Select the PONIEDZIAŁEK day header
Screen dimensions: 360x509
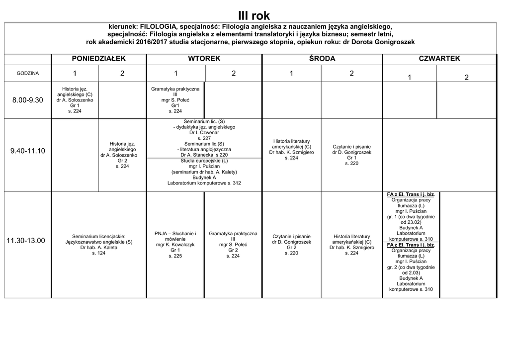pyautogui.click(x=99, y=59)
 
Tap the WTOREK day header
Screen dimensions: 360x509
pyautogui.click(x=204, y=59)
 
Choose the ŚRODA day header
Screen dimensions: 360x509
pyautogui.click(x=322, y=59)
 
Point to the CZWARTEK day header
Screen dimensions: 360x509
pyautogui.click(x=439, y=59)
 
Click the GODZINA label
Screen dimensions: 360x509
pyautogui.click(x=28, y=73)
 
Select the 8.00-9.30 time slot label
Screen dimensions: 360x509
pyautogui.click(x=28, y=100)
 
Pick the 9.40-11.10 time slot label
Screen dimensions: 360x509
pyautogui.click(x=28, y=151)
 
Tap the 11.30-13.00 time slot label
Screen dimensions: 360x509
pyautogui.click(x=28, y=241)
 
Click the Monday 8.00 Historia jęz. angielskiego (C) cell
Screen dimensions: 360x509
pyautogui.click(x=75, y=100)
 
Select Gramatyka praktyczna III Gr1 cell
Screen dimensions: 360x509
pyautogui.click(x=175, y=100)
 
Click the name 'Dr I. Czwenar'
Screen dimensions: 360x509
pyautogui.click(x=204, y=133)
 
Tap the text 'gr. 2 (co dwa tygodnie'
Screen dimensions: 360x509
pyautogui.click(x=411, y=267)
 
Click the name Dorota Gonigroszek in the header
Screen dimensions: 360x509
pyautogui.click(x=387, y=42)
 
